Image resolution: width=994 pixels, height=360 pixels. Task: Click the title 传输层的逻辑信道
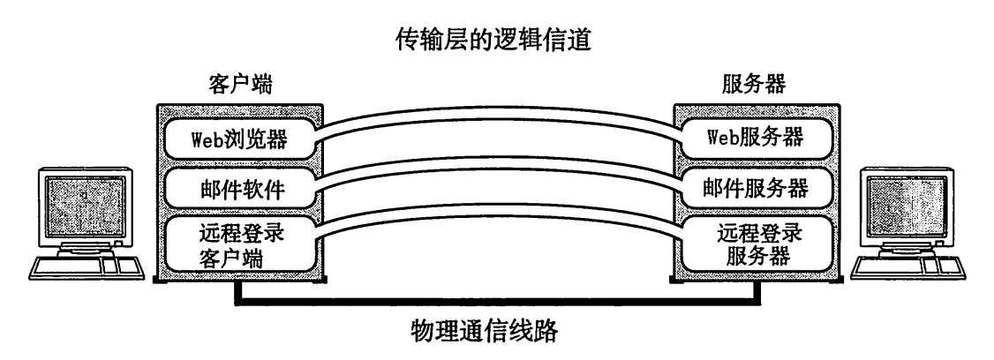pos(496,41)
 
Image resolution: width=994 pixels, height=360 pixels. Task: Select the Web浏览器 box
pos(240,139)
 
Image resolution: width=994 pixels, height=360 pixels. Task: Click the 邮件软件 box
pos(240,189)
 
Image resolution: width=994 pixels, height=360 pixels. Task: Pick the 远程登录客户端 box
pos(240,247)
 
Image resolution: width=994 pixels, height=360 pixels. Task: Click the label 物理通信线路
pos(496,333)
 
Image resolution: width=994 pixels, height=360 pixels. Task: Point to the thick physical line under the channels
pos(496,303)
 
